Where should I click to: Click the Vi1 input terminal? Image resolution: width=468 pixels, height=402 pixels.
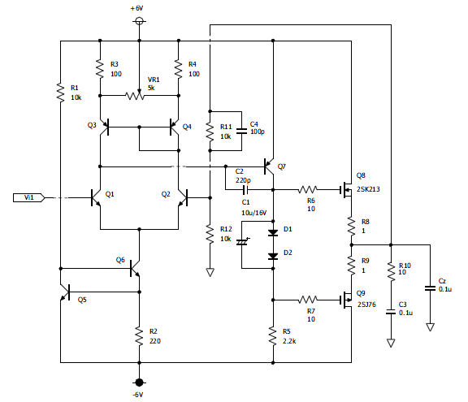[28, 197]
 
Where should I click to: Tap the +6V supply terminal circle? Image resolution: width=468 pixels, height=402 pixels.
[139, 21]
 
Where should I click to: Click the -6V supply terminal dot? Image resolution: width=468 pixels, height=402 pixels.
[139, 382]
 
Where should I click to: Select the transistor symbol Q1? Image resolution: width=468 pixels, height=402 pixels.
[96, 197]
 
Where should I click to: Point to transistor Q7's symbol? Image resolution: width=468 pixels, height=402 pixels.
[269, 166]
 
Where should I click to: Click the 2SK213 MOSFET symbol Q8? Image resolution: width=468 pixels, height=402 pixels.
[346, 189]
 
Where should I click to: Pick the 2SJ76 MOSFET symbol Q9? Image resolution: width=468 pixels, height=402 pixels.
[346, 300]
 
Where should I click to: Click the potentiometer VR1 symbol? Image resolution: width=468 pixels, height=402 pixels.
[135, 96]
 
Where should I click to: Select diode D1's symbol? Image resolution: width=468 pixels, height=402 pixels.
[273, 233]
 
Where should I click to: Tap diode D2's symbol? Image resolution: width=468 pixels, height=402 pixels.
[273, 256]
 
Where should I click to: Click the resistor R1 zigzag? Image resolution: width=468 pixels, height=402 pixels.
[61, 93]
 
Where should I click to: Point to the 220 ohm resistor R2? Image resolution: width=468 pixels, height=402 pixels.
[139, 336]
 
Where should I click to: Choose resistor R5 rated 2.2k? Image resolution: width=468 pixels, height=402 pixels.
[273, 336]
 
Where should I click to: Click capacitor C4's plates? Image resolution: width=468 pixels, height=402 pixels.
[241, 131]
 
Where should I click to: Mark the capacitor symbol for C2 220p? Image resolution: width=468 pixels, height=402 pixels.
[245, 189]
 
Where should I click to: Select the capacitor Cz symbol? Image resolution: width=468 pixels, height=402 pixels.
[430, 288]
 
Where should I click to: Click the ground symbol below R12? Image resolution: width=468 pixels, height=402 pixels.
[210, 272]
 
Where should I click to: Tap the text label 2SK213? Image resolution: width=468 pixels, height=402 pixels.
[368, 189]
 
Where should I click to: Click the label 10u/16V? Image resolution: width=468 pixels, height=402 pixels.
[254, 213]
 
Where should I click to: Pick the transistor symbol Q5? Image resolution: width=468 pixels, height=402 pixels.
[65, 292]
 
